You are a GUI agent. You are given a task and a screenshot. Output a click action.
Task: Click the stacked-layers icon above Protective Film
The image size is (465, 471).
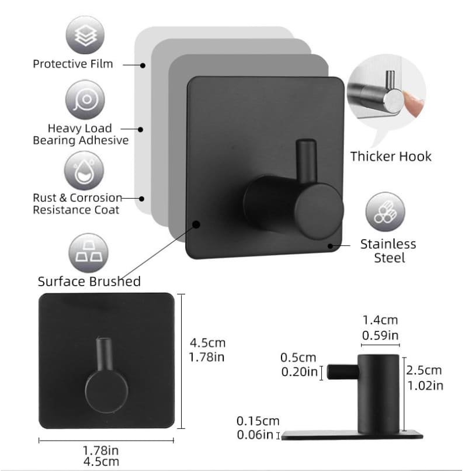(x=85, y=36)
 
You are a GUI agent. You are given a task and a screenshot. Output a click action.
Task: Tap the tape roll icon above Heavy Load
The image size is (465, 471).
(x=85, y=99)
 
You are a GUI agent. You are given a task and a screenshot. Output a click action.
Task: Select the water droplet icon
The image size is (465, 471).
(x=84, y=171)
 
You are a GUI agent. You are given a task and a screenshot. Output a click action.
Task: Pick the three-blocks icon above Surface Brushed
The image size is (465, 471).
(x=88, y=253)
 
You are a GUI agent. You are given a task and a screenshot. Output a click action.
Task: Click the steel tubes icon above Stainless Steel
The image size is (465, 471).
(x=385, y=212)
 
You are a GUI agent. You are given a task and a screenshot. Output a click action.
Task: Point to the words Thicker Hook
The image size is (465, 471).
(x=391, y=157)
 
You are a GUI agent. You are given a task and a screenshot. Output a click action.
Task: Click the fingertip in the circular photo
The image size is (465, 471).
(x=413, y=103)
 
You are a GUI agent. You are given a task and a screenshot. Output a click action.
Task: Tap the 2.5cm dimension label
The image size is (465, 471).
(x=424, y=370)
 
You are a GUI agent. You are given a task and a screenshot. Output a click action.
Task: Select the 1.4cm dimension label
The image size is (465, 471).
(x=380, y=320)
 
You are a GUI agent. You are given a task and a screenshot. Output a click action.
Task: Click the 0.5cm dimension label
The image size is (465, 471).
(x=298, y=358)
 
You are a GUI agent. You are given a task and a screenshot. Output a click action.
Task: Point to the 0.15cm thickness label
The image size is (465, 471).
(x=258, y=421)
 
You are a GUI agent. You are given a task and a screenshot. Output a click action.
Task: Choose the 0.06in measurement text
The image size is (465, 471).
(x=255, y=435)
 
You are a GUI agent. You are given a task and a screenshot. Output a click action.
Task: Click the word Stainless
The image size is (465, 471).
(x=388, y=244)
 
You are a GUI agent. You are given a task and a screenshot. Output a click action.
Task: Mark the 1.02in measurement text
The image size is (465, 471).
(x=425, y=386)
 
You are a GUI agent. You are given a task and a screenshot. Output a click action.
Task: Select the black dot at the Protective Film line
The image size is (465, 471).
(x=143, y=65)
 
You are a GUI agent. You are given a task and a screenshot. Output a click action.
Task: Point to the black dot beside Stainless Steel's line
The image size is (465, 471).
(x=330, y=246)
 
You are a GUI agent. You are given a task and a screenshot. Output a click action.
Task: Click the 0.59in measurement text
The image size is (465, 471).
(x=380, y=335)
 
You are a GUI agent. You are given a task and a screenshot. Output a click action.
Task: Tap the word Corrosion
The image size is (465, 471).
(x=96, y=198)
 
